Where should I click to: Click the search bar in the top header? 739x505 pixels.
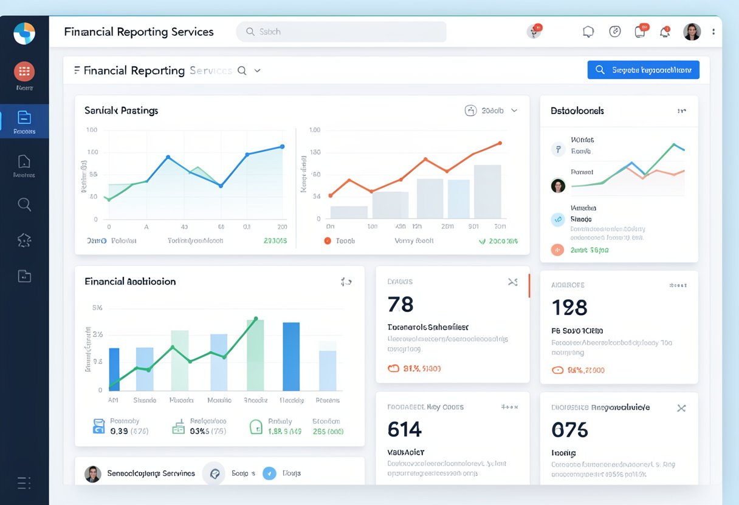(341, 32)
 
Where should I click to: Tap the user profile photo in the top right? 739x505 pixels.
(692, 32)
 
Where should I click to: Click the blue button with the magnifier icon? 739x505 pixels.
(643, 70)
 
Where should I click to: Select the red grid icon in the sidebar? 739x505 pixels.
(24, 72)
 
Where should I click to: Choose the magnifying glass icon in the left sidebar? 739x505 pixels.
(24, 205)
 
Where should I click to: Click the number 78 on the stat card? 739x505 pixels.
(400, 304)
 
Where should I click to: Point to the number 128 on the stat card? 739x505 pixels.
(569, 308)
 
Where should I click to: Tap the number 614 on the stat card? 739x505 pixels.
(404, 430)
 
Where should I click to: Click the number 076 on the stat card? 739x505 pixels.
(569, 430)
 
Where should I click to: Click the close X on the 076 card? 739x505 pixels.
(681, 408)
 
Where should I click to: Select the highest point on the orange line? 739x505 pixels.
(500, 143)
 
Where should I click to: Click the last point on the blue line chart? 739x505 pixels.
(282, 146)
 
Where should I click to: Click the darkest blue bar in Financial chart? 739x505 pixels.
(291, 357)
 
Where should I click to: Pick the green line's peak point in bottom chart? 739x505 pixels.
(256, 318)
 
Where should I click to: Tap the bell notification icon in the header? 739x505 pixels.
(665, 32)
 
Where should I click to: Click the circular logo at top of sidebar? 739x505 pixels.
(24, 33)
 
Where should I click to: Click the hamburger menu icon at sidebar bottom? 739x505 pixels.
(24, 483)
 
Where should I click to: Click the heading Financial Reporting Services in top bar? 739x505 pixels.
(139, 32)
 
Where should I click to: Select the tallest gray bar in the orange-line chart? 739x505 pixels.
(487, 192)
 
